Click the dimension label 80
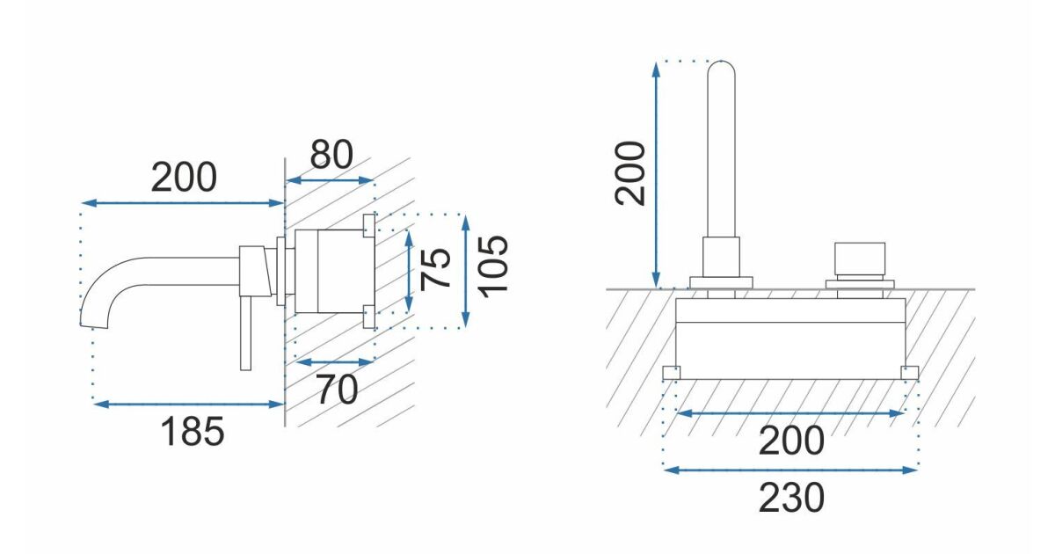click(331, 154)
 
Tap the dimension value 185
click(193, 432)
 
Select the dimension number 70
click(337, 390)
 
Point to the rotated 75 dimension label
click(435, 268)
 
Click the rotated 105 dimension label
click(493, 266)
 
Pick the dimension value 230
click(792, 498)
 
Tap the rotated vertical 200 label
click(630, 173)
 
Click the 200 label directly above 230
click(792, 440)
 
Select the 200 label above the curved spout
click(184, 177)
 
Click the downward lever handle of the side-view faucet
click(245, 333)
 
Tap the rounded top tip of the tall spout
click(721, 63)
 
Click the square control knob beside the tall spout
click(860, 258)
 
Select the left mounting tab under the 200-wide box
click(671, 373)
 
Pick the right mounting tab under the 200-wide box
click(909, 373)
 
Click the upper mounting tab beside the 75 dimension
click(368, 225)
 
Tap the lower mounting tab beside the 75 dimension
click(368, 316)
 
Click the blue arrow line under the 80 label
click(330, 180)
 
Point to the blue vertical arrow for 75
click(409, 272)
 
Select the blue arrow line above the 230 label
click(790, 470)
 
